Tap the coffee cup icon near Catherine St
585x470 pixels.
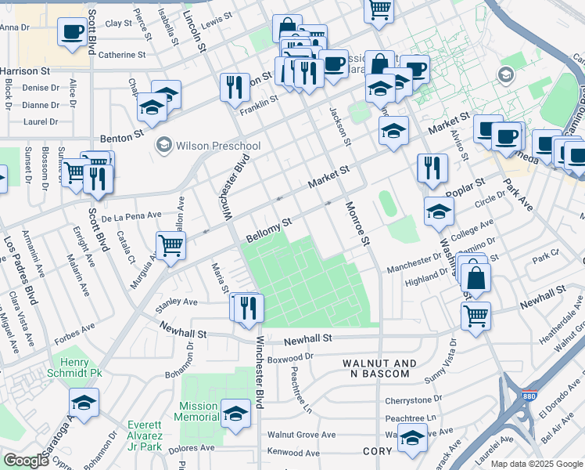(73, 32)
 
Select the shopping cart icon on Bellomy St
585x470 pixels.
(170, 244)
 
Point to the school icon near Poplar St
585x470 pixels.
(439, 211)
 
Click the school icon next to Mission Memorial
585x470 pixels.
(235, 412)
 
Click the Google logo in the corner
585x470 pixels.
(26, 461)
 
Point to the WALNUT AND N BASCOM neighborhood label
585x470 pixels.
(379, 368)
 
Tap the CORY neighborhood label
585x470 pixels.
(377, 452)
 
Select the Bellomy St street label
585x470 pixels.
(268, 230)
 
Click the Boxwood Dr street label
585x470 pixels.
(290, 357)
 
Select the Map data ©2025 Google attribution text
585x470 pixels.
(536, 464)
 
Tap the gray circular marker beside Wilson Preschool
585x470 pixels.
(163, 144)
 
